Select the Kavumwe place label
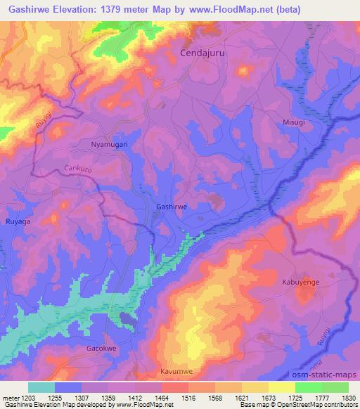[176, 370]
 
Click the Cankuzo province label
[78, 169]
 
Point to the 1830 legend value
[349, 397]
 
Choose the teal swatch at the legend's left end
[41, 387]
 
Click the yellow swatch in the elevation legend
[281, 387]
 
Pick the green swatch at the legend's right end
[335, 387]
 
